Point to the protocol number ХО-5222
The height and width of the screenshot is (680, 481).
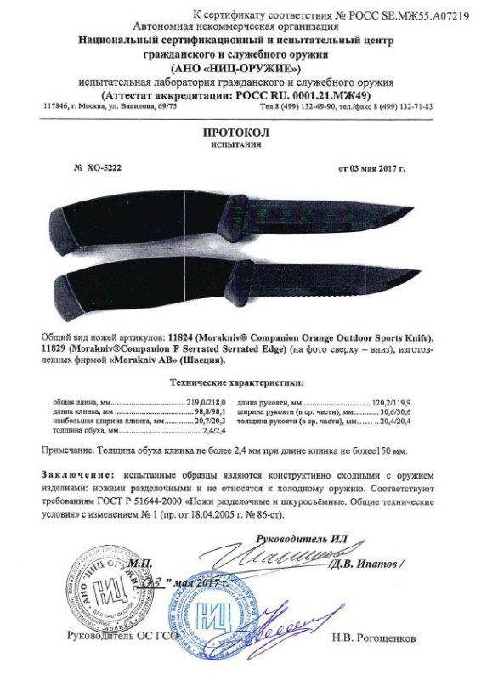point(105,169)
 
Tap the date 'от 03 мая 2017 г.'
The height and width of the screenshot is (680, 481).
point(371,169)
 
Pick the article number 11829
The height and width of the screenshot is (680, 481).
point(57,349)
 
